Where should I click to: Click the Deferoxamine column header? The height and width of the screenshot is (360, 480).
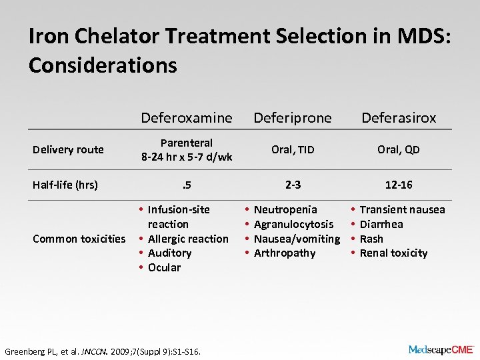[x=187, y=118]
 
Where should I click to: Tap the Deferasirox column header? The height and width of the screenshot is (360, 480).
[x=399, y=118]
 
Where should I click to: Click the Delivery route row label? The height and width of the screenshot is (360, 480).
[x=68, y=149]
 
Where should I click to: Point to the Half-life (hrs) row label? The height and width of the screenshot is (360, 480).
[x=65, y=185]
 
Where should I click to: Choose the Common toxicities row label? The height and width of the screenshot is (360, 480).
[x=79, y=239]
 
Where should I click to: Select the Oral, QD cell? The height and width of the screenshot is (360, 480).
[x=399, y=149]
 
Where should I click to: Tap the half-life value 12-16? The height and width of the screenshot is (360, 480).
[x=399, y=185]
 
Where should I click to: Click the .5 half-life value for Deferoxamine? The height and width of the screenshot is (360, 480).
[x=187, y=185]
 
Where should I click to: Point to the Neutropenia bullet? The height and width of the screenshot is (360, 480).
[x=285, y=209]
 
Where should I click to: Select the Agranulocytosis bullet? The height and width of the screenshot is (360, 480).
[x=293, y=224]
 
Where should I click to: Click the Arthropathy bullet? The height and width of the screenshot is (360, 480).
[x=285, y=253]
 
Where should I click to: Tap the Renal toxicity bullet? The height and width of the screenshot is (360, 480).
[x=393, y=253]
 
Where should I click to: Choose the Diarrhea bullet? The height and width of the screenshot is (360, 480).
[x=381, y=224]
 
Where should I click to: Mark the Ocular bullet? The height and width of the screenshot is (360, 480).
[x=164, y=267]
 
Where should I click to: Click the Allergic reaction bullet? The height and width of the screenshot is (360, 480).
[x=188, y=239]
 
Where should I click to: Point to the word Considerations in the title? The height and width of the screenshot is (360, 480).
[x=103, y=65]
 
